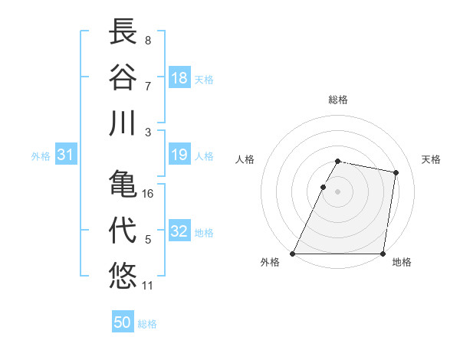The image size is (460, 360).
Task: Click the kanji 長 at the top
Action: pyautogui.click(x=123, y=31)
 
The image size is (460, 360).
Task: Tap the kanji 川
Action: pyautogui.click(x=123, y=123)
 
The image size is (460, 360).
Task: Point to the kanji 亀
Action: pyautogui.click(x=123, y=183)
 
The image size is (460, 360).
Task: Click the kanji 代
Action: pyautogui.click(x=123, y=228)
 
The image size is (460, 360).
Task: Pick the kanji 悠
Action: pyautogui.click(x=123, y=275)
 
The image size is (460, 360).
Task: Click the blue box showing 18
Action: pyautogui.click(x=179, y=77)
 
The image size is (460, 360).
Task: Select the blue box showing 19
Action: pyautogui.click(x=179, y=155)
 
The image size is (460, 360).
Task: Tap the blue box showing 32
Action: pyautogui.click(x=179, y=231)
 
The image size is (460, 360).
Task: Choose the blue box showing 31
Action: pyautogui.click(x=66, y=155)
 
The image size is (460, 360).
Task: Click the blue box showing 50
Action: pyautogui.click(x=123, y=322)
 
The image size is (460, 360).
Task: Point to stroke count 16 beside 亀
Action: pyautogui.click(x=148, y=194)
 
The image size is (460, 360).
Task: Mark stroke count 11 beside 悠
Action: pyautogui.click(x=148, y=286)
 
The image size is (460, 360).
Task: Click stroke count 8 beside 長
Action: pyautogui.click(x=147, y=40)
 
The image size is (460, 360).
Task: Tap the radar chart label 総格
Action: pyautogui.click(x=338, y=100)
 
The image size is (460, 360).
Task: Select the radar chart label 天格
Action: pyautogui.click(x=432, y=159)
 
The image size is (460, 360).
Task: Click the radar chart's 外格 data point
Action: pyautogui.click(x=293, y=254)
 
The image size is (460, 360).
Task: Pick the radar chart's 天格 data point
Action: pyautogui.click(x=396, y=173)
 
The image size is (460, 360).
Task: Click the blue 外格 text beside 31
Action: pyautogui.click(x=41, y=156)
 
